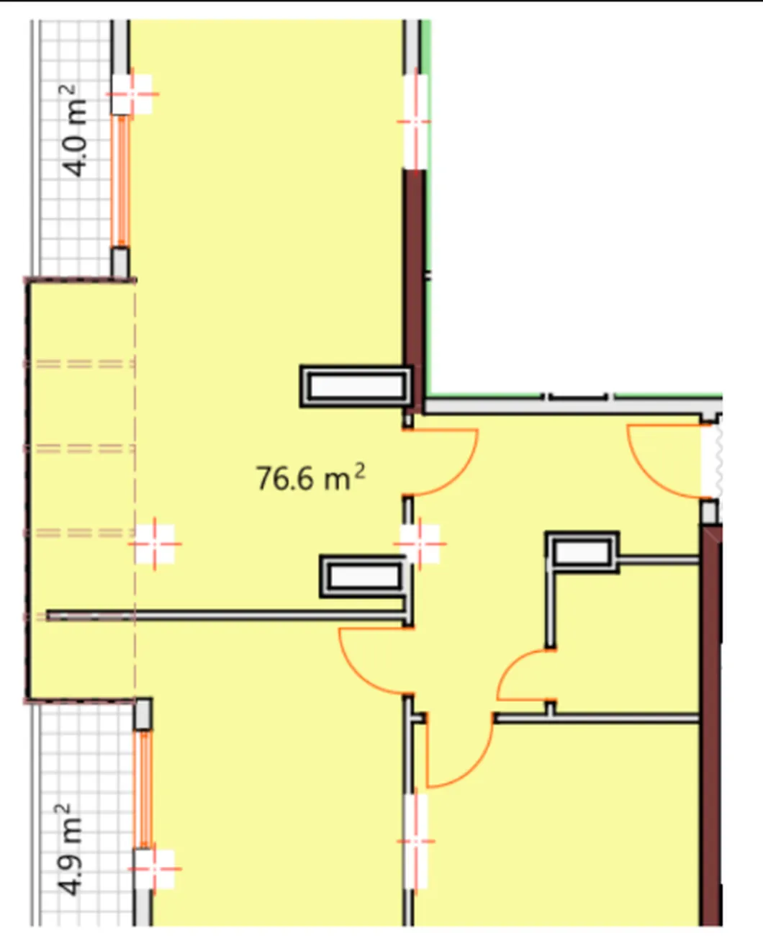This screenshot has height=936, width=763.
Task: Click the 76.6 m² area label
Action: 311,477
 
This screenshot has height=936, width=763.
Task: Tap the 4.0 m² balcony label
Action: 75,131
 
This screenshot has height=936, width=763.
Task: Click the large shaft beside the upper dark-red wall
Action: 356,386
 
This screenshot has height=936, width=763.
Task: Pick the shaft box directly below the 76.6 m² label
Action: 364,577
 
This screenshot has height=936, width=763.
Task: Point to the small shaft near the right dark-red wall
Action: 582,552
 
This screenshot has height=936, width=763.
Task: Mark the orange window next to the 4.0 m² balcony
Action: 120,180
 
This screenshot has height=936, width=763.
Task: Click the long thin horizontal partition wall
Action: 226,615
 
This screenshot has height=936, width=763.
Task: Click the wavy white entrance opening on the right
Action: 711,462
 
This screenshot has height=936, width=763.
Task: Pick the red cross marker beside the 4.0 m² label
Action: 132,94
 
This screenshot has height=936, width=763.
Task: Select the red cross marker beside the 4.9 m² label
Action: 154,868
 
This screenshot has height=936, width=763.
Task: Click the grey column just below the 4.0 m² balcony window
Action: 119,262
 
